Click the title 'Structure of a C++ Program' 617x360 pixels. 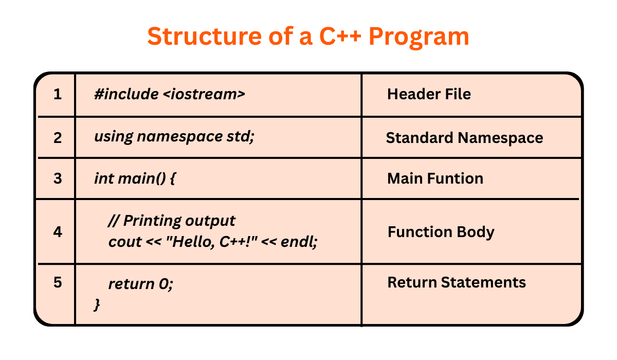[x=308, y=37]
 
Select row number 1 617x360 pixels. [x=58, y=95]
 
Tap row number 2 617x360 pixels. [x=58, y=138]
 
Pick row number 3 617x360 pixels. [x=58, y=178]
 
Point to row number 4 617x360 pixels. [x=58, y=232]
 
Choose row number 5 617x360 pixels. [x=58, y=283]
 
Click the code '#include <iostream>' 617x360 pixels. [x=170, y=95]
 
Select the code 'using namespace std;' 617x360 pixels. [x=174, y=137]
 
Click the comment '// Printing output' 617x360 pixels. [x=172, y=221]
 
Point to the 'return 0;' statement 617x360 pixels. [x=141, y=284]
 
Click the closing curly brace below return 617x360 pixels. [x=97, y=304]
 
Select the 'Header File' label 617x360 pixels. [x=429, y=94]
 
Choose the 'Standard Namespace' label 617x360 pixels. [x=464, y=138]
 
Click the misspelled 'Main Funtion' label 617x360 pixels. [x=435, y=178]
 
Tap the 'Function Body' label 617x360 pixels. [x=441, y=232]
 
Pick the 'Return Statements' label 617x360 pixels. [x=457, y=282]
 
